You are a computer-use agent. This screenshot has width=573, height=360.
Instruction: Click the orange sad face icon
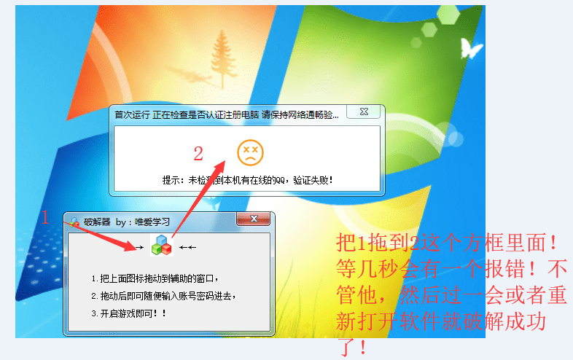[x=250, y=152]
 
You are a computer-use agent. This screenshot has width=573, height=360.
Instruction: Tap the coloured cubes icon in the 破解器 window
[x=161, y=246]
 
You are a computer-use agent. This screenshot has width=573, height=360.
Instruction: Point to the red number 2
[x=198, y=154]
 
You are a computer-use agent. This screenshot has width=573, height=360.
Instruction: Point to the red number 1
[x=44, y=216]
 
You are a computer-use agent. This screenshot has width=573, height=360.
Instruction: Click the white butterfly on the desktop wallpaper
[x=471, y=48]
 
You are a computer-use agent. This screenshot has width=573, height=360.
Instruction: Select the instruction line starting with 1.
[x=155, y=278]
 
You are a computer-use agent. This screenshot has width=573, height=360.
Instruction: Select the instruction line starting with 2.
[x=164, y=296]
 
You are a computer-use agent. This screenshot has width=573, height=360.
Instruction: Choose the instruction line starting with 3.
[x=129, y=313]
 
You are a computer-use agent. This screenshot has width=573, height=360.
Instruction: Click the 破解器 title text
[x=97, y=222]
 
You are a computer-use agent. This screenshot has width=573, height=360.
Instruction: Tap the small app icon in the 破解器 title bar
[x=74, y=222]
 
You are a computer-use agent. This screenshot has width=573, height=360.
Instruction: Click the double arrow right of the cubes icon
[x=188, y=248]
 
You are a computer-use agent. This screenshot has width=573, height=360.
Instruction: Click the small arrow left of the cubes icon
[x=135, y=248]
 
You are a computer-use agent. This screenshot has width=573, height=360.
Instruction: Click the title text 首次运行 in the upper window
[x=131, y=114]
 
